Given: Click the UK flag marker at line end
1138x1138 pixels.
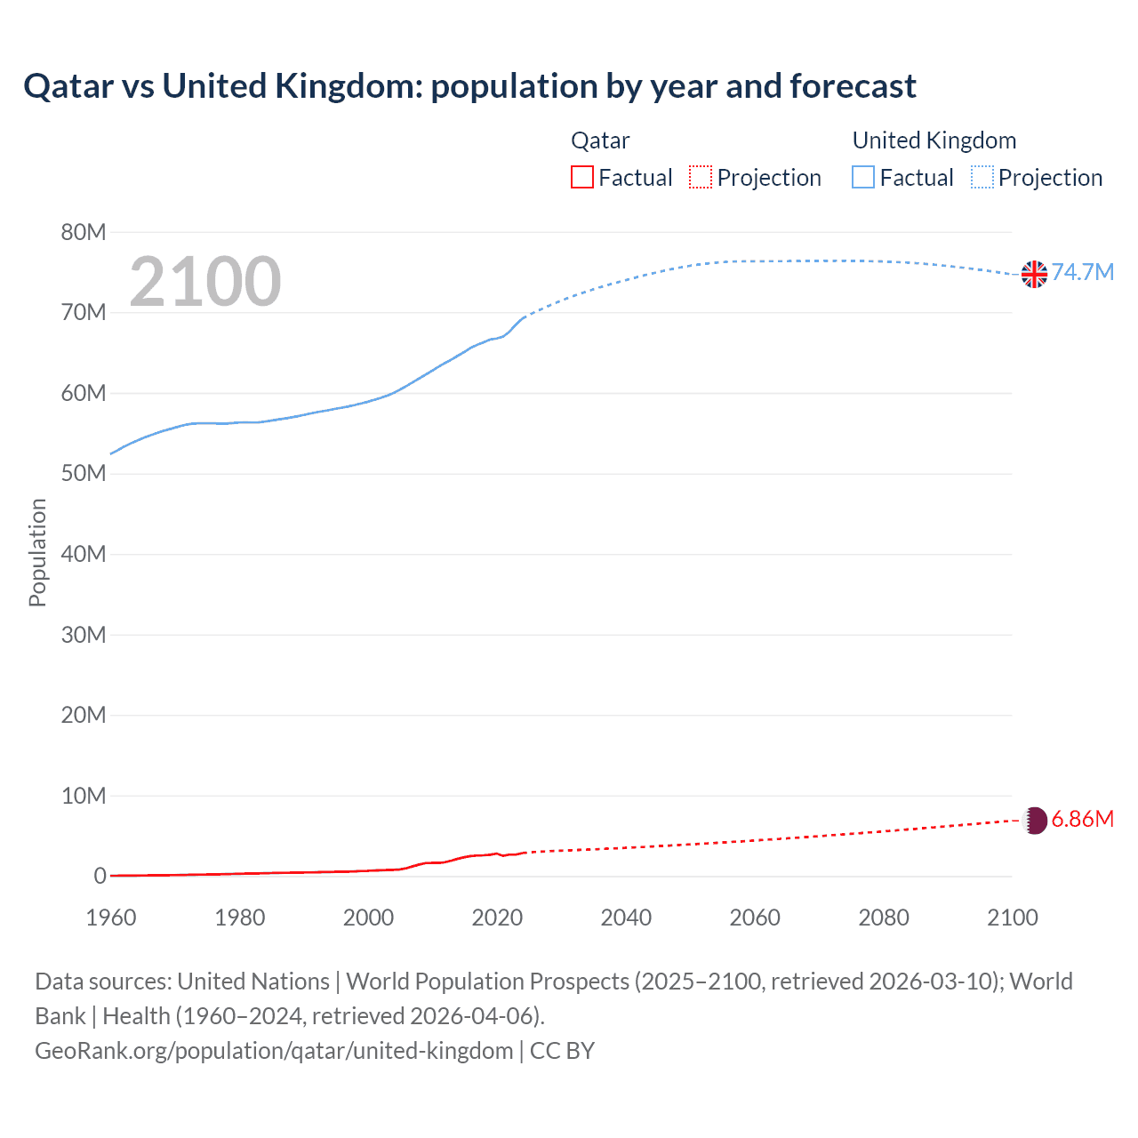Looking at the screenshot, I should coord(1034,274).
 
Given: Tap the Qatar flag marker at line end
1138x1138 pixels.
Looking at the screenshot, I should coord(1035,820).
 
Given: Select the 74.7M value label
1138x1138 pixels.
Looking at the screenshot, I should coord(1083,272).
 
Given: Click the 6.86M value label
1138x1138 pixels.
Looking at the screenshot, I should coord(1083,819).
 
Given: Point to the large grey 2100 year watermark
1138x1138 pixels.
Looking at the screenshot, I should coord(205,282).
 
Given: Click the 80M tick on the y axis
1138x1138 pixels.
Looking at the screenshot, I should coord(84,233).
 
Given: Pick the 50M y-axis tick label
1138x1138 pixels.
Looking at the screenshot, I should coord(84,474).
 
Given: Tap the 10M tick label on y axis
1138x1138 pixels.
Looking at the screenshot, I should coord(84,796).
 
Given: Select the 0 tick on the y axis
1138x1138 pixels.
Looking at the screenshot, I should coord(100,877).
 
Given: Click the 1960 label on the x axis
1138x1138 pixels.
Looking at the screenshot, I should coord(111,918).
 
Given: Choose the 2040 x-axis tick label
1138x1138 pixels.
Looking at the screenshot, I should coord(626,918).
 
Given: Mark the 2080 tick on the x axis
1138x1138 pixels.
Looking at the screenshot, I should coord(884,918).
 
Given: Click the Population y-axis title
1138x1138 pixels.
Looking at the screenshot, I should coord(37,552).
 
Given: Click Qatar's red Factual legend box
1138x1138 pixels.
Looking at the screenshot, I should coord(582,177).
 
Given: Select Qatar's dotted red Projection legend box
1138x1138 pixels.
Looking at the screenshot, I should coord(701,177).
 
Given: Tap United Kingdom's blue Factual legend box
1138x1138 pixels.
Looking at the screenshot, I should coord(863,177).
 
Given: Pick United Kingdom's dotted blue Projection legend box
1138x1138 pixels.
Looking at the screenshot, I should coord(982,177).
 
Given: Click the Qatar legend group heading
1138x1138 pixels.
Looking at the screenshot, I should coord(600,140).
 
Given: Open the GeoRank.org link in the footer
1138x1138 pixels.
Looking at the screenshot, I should coord(274,1051).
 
